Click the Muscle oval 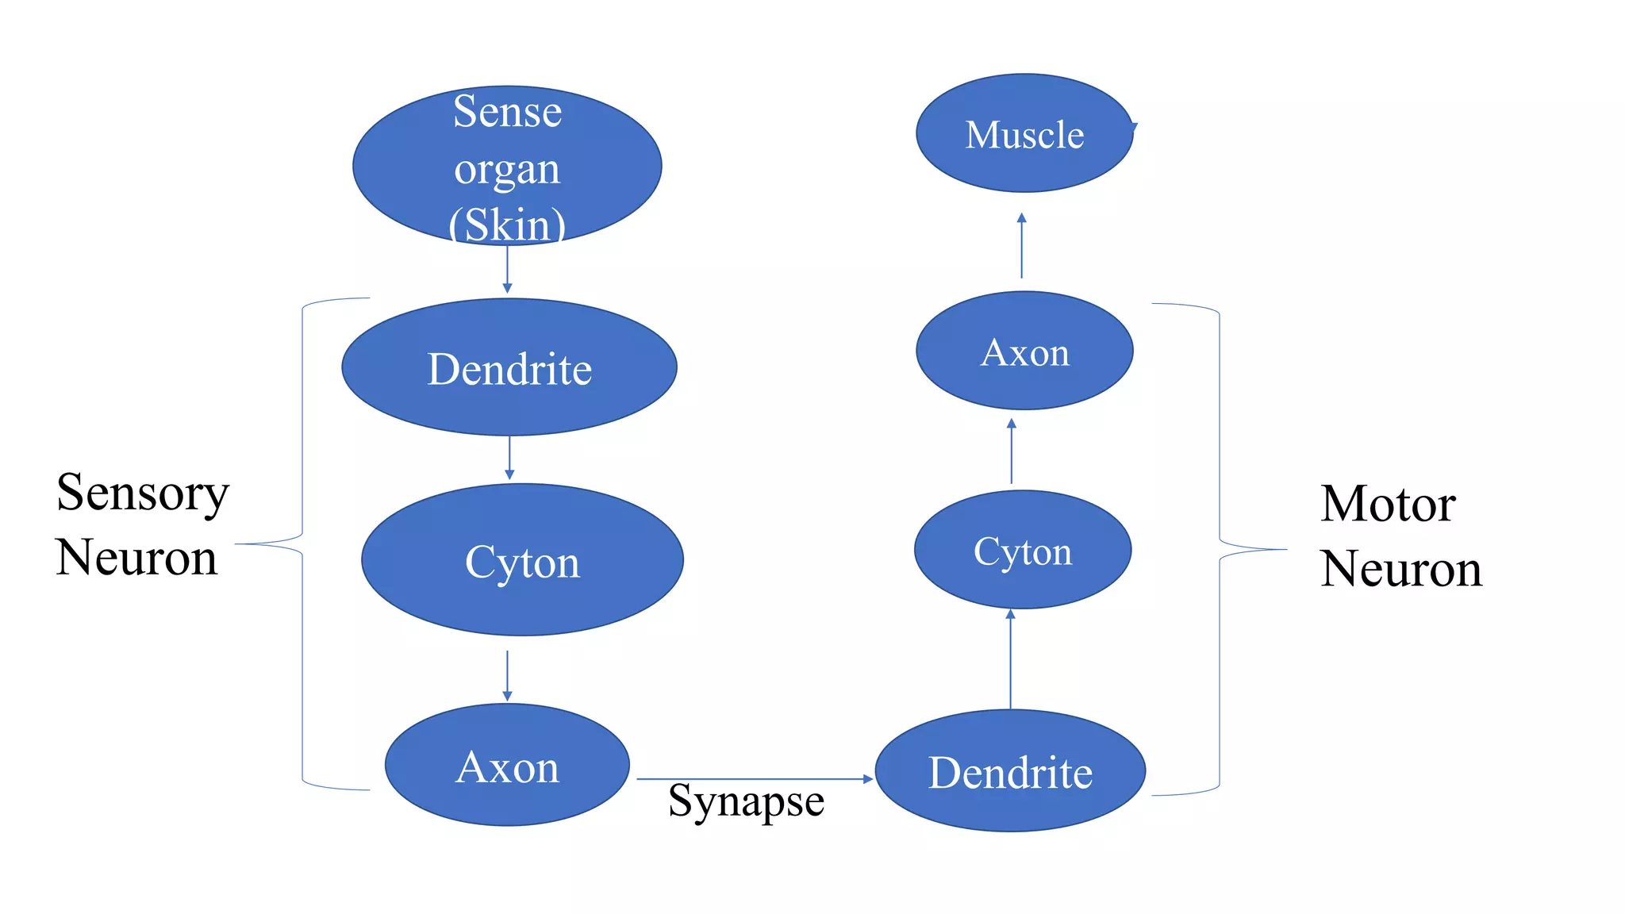pyautogui.click(x=1024, y=133)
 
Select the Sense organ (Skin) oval pyautogui.click(x=507, y=165)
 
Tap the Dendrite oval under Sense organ pyautogui.click(x=509, y=367)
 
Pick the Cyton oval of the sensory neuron pyautogui.click(x=522, y=560)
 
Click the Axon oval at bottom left pyautogui.click(x=507, y=766)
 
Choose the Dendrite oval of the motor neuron pyautogui.click(x=1010, y=771)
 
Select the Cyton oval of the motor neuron pyautogui.click(x=1023, y=550)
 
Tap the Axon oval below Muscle pyautogui.click(x=1024, y=351)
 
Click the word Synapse pyautogui.click(x=746, y=801)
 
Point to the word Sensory pyautogui.click(x=143, y=493)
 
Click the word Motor pyautogui.click(x=1388, y=504)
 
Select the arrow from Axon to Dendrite pyautogui.click(x=754, y=779)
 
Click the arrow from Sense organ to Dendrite pyautogui.click(x=507, y=270)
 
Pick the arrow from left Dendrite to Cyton pyautogui.click(x=509, y=458)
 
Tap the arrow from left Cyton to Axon pyautogui.click(x=507, y=676)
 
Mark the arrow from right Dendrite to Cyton pyautogui.click(x=1010, y=659)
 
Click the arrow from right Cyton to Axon pyautogui.click(x=1011, y=451)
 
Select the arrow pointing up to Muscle pyautogui.click(x=1021, y=245)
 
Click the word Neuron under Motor pyautogui.click(x=1401, y=569)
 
